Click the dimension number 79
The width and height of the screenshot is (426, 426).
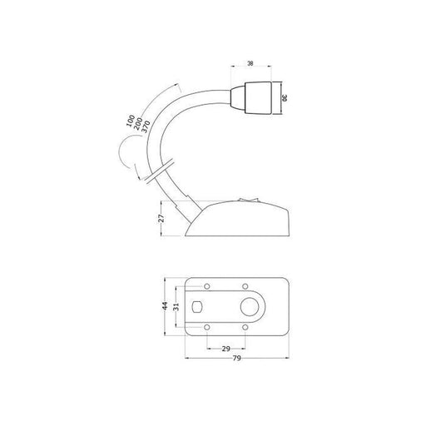(x=236, y=358)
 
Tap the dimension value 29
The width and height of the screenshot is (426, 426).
(x=226, y=349)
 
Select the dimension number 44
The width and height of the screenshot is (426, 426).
(x=165, y=305)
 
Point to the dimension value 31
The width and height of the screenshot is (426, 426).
(x=176, y=306)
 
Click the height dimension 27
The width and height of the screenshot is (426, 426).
(x=161, y=218)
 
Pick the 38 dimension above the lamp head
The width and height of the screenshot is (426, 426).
(x=250, y=63)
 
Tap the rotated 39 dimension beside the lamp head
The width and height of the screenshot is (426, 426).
(x=285, y=98)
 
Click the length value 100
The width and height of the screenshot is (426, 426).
(x=131, y=121)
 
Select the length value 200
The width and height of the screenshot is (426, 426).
(x=138, y=124)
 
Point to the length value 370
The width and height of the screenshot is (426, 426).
(x=146, y=126)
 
